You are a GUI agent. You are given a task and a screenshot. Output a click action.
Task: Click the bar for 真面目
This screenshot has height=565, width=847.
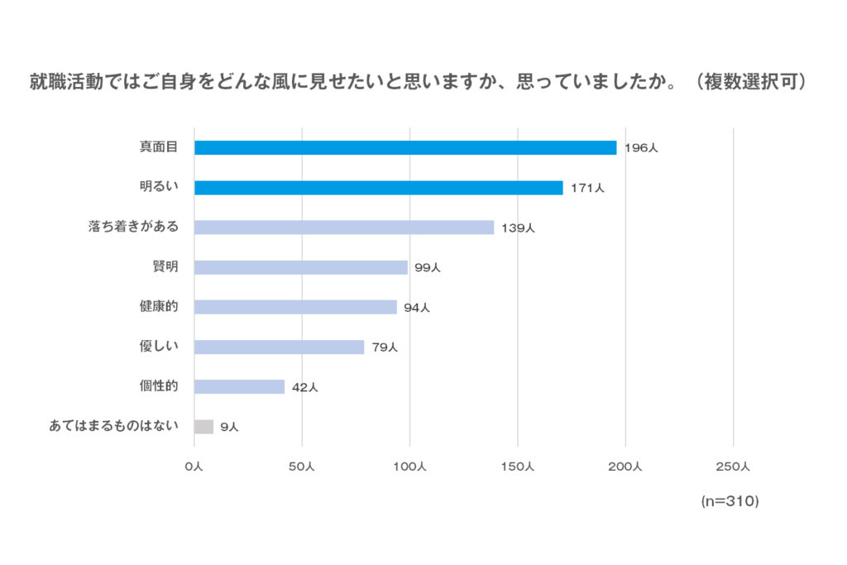(x=405, y=148)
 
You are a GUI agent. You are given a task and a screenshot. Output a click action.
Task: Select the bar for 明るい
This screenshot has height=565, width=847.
(x=378, y=188)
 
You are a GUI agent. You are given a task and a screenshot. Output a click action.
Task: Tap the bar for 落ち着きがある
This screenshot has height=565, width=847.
(x=344, y=227)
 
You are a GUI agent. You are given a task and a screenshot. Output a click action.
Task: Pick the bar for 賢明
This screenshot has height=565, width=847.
(x=301, y=267)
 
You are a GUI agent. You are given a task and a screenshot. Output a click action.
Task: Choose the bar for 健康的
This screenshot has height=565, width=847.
(x=295, y=307)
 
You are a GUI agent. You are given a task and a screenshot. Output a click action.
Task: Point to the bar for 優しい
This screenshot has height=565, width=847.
(x=279, y=347)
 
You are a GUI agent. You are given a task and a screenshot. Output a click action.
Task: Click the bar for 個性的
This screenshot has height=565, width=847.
(x=239, y=386)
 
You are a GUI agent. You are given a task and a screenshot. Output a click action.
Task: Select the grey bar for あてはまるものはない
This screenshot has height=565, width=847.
(x=203, y=427)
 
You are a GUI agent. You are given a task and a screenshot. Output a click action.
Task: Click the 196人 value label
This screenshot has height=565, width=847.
(x=641, y=149)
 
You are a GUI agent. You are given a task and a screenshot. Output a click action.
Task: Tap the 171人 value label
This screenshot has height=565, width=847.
(x=587, y=189)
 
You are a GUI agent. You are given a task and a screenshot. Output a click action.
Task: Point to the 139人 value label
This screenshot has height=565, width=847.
(x=519, y=228)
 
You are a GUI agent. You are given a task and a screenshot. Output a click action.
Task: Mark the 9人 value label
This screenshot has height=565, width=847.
(x=229, y=428)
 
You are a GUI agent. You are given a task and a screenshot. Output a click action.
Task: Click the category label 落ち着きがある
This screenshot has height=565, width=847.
(x=133, y=227)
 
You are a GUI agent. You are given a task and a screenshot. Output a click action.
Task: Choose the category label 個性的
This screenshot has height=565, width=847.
(x=159, y=386)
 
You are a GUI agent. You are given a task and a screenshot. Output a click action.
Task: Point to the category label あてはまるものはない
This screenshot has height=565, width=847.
(x=114, y=427)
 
